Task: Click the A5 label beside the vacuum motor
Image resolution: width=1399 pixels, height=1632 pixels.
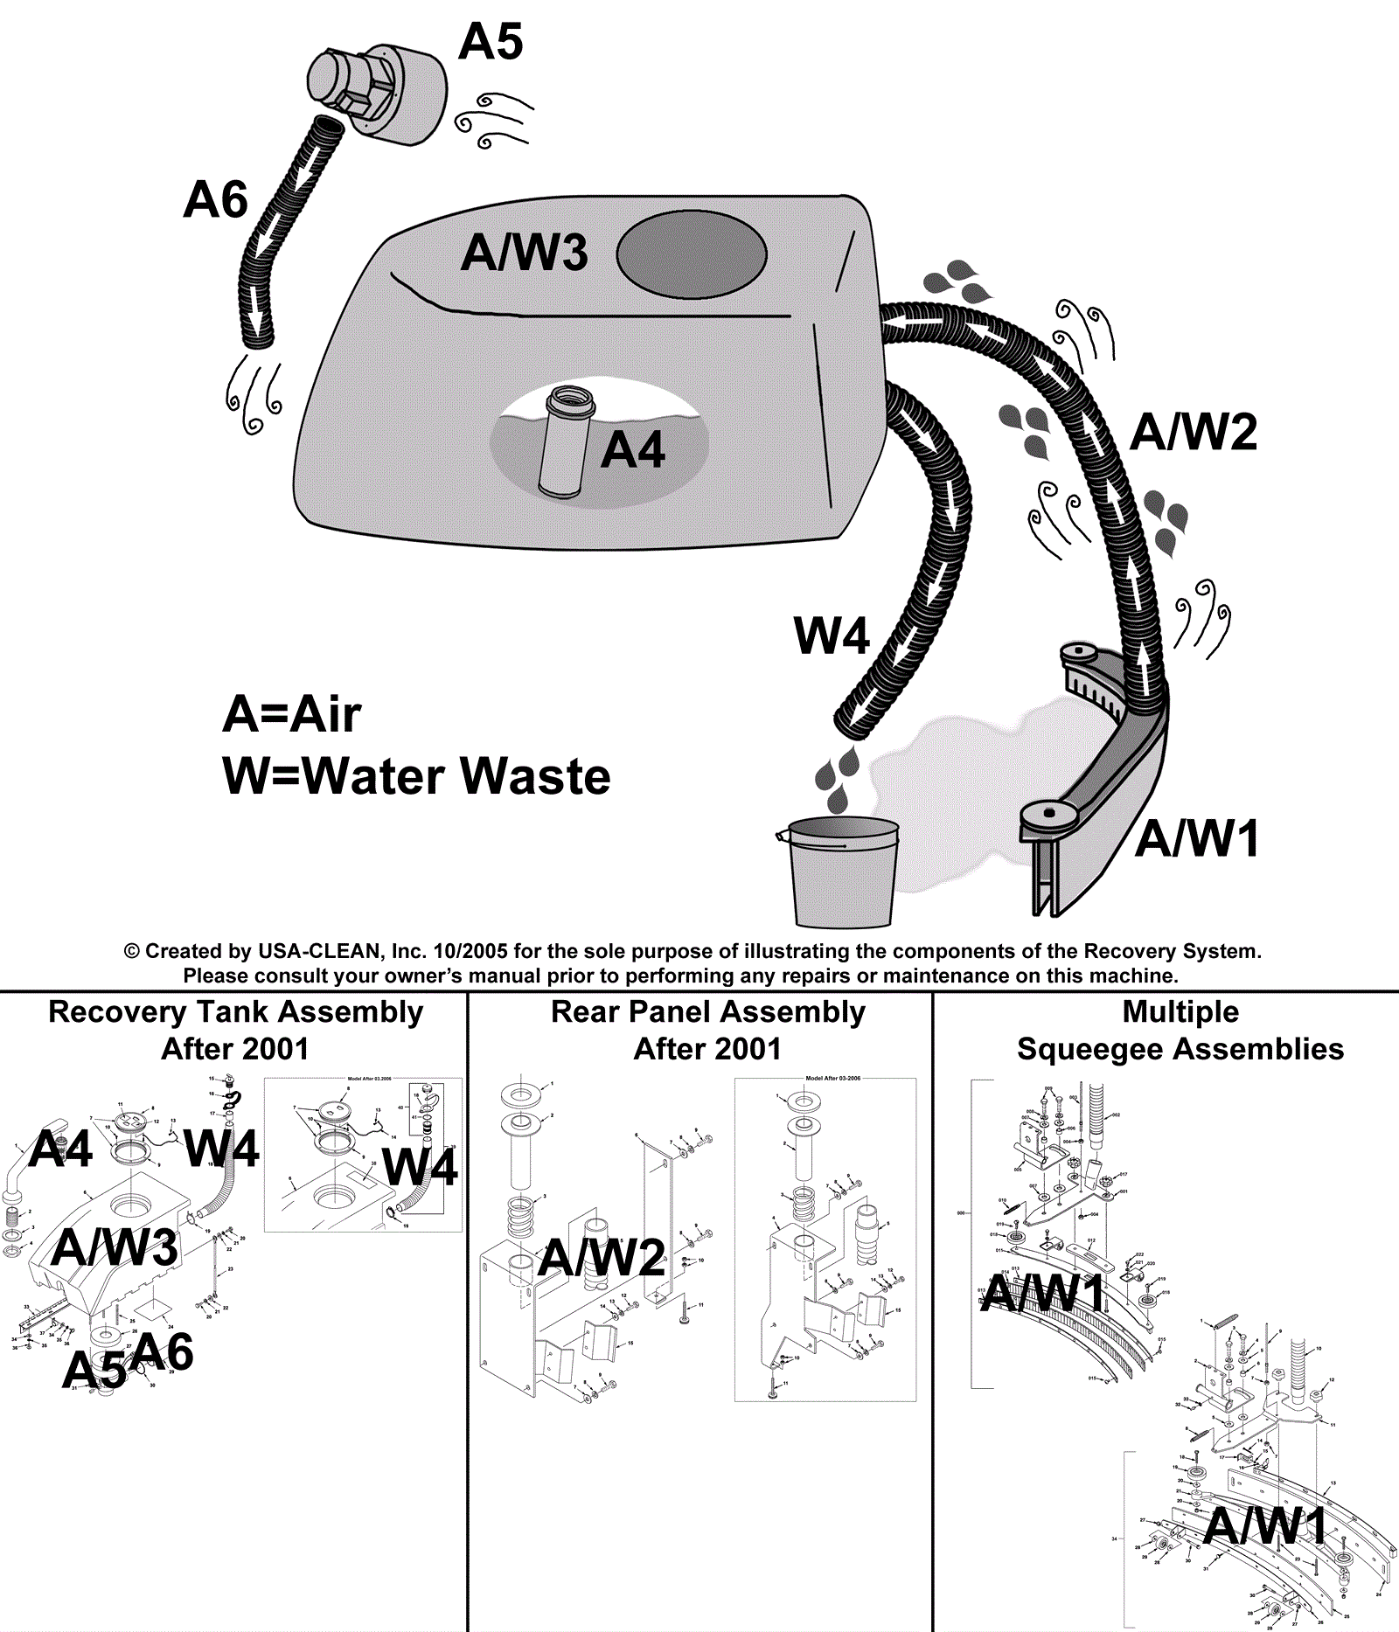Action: pyautogui.click(x=491, y=42)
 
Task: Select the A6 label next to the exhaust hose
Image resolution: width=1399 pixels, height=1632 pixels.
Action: pyautogui.click(x=216, y=200)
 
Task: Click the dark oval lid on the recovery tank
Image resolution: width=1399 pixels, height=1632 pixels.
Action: pyautogui.click(x=692, y=254)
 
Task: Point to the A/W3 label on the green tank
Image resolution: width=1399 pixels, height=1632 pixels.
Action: pyautogui.click(x=525, y=253)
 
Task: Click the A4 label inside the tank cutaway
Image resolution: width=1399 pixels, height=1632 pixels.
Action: pyautogui.click(x=633, y=451)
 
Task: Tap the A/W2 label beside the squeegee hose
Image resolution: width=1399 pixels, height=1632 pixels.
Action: pyautogui.click(x=1194, y=433)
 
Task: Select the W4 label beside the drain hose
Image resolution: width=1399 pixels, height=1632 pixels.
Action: pyautogui.click(x=832, y=636)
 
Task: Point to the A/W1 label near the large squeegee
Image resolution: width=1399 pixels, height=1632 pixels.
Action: pyautogui.click(x=1198, y=839)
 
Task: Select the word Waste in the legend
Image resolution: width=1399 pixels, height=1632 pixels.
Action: pyautogui.click(x=535, y=776)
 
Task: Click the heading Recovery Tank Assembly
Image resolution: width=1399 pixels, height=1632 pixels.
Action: pyautogui.click(x=235, y=1011)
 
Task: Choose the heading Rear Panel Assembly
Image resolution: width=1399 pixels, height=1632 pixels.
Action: pyautogui.click(x=707, y=1011)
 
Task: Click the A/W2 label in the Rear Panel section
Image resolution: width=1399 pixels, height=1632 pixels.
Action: pyautogui.click(x=602, y=1259)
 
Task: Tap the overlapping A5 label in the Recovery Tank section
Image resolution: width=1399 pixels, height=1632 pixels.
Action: pyautogui.click(x=94, y=1370)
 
